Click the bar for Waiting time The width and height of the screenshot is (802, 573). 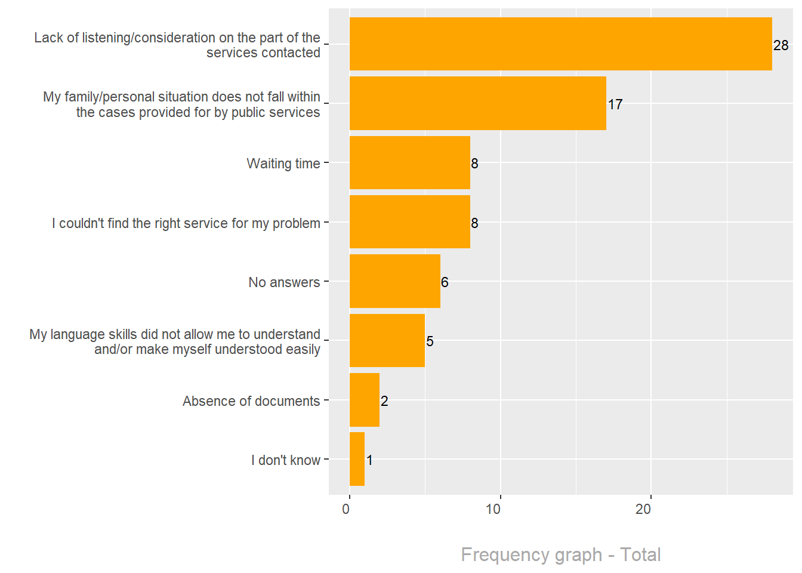pyautogui.click(x=409, y=163)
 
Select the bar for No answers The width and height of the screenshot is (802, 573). pyautogui.click(x=394, y=281)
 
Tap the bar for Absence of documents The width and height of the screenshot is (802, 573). pyautogui.click(x=364, y=400)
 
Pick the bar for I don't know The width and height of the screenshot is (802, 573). pyautogui.click(x=357, y=459)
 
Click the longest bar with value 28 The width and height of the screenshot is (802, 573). pyautogui.click(x=560, y=44)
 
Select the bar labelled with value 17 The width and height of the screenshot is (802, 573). pyautogui.click(x=477, y=103)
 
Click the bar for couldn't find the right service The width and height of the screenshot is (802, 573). pyautogui.click(x=409, y=222)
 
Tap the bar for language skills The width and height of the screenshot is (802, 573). pyautogui.click(x=387, y=340)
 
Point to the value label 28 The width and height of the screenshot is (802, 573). pyautogui.click(x=781, y=45)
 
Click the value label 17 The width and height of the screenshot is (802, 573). pyautogui.click(x=615, y=104)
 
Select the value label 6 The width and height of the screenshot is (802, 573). pyautogui.click(x=445, y=282)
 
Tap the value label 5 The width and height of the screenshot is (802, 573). pyautogui.click(x=430, y=341)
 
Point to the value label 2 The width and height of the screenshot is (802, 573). pyautogui.click(x=384, y=401)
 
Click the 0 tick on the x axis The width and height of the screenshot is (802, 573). pyautogui.click(x=346, y=509)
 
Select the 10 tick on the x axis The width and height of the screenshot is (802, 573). pyautogui.click(x=493, y=509)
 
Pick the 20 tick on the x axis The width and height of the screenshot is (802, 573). pyautogui.click(x=643, y=509)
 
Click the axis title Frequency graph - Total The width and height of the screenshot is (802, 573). pyautogui.click(x=560, y=554)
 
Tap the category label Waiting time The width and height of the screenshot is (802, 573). pyautogui.click(x=283, y=164)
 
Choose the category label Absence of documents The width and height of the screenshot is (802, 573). pyautogui.click(x=251, y=401)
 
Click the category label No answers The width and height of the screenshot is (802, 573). pyautogui.click(x=284, y=282)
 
